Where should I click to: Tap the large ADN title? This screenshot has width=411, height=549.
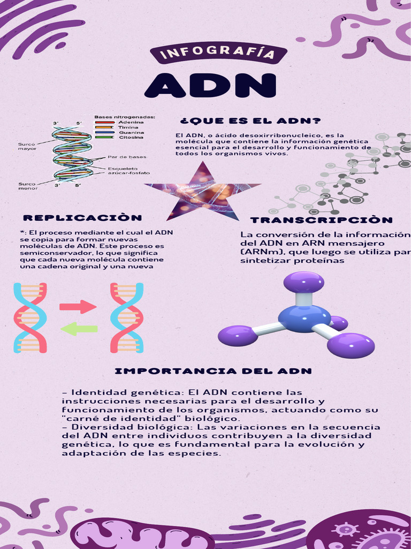[210, 86]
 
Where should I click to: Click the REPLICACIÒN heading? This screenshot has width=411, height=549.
[82, 218]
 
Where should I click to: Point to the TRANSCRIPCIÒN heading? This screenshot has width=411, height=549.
[321, 220]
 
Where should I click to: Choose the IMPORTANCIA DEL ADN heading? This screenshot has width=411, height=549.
[213, 371]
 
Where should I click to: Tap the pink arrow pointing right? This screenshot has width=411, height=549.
[78, 307]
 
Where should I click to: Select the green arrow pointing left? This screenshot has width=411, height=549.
[79, 329]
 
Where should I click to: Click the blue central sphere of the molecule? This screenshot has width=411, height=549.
[304, 318]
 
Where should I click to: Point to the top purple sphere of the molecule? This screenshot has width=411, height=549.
[303, 281]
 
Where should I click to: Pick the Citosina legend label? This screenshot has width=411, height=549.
[131, 137]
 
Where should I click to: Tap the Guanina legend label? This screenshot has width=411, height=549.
[131, 132]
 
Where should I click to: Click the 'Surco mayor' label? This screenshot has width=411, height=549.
[27, 146]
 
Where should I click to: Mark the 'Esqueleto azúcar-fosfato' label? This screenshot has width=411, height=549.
[128, 170]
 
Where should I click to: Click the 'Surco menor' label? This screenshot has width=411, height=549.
[27, 186]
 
